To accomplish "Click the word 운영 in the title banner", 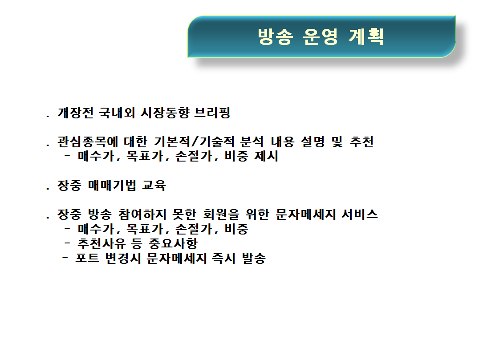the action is pyautogui.click(x=320, y=36).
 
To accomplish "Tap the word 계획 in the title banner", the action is pyautogui.click(x=366, y=36).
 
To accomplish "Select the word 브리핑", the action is pyautogui.click(x=212, y=113).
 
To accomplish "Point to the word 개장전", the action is pyautogui.click(x=76, y=113).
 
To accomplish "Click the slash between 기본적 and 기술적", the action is pyautogui.click(x=195, y=142).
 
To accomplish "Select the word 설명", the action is pyautogui.click(x=313, y=142).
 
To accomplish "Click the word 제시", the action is pyautogui.click(x=267, y=156).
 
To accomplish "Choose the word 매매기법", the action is pyautogui.click(x=112, y=186).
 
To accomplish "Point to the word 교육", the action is pyautogui.click(x=154, y=186).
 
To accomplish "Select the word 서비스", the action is pyautogui.click(x=360, y=214).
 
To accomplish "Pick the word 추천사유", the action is pyautogui.click(x=101, y=243).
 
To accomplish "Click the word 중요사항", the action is pyautogui.click(x=173, y=243).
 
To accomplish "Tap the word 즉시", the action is pyautogui.click(x=223, y=258).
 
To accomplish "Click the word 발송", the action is pyautogui.click(x=254, y=258).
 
